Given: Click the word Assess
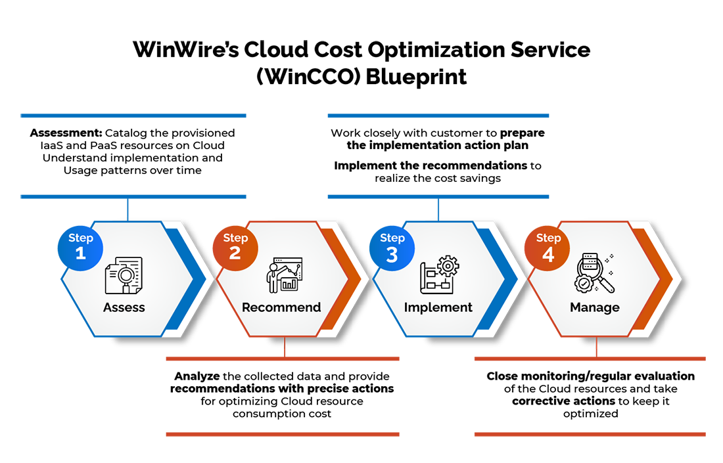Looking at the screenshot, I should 124,307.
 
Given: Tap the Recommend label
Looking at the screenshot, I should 281,307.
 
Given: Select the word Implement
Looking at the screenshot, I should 438,307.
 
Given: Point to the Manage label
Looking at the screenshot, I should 594,307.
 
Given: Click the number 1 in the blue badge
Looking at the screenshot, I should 81,254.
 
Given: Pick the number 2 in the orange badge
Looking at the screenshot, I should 235,254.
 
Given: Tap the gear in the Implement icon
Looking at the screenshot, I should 449,266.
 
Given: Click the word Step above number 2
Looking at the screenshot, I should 235,238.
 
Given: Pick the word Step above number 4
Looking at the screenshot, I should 548,238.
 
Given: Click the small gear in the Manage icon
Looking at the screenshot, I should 583,283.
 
